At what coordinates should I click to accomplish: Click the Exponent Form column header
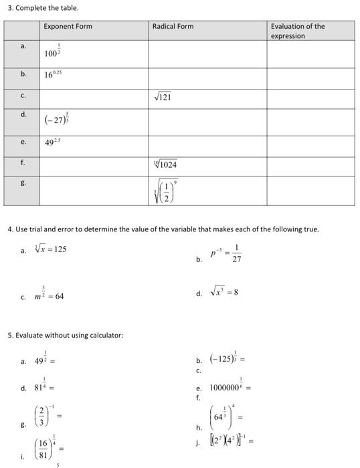coord(68,27)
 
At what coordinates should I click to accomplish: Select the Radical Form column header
coord(173,27)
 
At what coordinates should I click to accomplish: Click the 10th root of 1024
coord(163,163)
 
